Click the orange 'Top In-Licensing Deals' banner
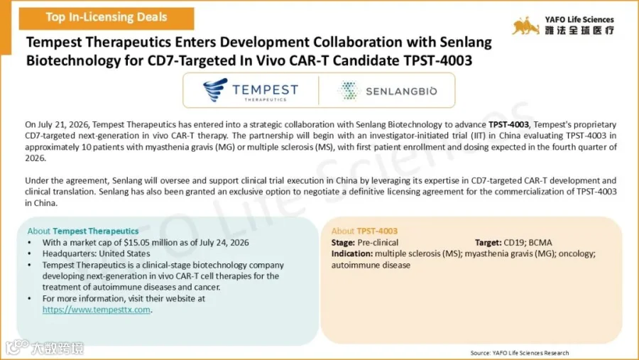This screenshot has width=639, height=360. pyautogui.click(x=106, y=18)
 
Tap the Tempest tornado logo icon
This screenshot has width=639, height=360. pyautogui.click(x=215, y=89)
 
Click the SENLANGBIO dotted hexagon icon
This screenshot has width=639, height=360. pyautogui.click(x=349, y=90)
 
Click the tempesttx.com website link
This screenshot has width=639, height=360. pyautogui.click(x=96, y=310)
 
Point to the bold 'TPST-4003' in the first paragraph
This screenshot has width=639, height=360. pyautogui.click(x=508, y=124)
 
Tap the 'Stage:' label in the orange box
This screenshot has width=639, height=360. pyautogui.click(x=343, y=243)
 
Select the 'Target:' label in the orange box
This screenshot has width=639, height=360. pyautogui.click(x=488, y=243)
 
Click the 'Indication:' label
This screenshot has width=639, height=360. pyautogui.click(x=352, y=253)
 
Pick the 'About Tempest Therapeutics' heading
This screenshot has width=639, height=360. pyautogui.click(x=83, y=231)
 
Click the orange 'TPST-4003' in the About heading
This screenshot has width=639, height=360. pyautogui.click(x=377, y=231)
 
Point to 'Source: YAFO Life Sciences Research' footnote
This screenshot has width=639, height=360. pyautogui.click(x=520, y=353)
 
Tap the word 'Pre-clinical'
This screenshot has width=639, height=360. pyautogui.click(x=378, y=243)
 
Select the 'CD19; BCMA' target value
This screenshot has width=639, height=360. pyautogui.click(x=528, y=243)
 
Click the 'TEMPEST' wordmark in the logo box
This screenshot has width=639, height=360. pyautogui.click(x=266, y=89)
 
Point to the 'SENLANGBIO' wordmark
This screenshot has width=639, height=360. pyautogui.click(x=401, y=91)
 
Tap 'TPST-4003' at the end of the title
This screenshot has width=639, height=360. pyautogui.click(x=437, y=60)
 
